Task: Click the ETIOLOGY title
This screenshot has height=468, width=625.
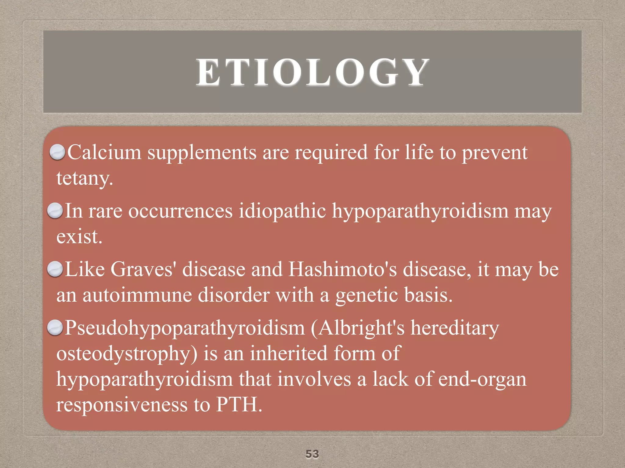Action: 312,73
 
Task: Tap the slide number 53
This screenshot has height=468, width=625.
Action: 312,454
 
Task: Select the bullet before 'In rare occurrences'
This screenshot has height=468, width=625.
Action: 55,211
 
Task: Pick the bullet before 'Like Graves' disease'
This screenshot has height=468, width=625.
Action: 55,269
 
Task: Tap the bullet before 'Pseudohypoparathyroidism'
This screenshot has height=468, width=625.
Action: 55,328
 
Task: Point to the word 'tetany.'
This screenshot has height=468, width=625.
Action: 85,178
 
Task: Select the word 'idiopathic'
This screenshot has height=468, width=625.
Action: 282,211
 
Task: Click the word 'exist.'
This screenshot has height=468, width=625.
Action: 79,237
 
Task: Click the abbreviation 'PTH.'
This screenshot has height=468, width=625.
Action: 239,405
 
